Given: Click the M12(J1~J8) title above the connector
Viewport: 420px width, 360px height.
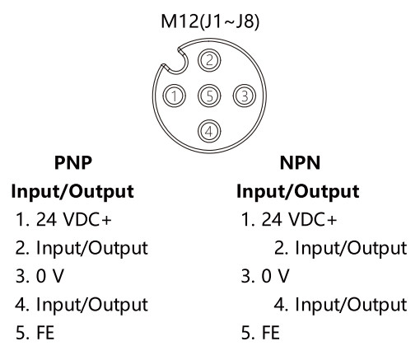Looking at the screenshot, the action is (210, 21).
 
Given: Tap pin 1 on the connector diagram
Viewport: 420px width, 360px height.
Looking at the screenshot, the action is (175, 96).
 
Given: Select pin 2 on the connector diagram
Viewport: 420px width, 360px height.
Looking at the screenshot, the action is (209, 60).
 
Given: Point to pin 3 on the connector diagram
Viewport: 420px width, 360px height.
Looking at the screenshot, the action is (245, 96).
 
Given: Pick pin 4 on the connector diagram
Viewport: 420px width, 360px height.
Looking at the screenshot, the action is (209, 131).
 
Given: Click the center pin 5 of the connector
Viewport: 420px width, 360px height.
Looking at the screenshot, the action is (209, 96).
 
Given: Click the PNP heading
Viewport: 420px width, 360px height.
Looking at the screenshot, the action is (73, 162).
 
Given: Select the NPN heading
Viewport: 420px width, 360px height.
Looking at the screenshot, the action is (300, 162).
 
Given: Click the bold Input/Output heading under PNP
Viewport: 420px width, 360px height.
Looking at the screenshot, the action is (72, 191).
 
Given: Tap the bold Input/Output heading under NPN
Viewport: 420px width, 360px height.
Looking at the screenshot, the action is (298, 191).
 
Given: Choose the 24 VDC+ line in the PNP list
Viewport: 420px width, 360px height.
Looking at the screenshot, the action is (63, 220).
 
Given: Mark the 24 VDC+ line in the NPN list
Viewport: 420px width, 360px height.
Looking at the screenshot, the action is (289, 220).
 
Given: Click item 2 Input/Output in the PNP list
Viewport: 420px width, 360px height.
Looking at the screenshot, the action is (82, 249).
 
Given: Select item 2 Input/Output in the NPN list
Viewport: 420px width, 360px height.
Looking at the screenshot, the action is (341, 249).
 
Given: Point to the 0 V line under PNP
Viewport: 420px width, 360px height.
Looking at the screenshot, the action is (40, 276).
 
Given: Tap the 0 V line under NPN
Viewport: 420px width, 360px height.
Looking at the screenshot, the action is (265, 276).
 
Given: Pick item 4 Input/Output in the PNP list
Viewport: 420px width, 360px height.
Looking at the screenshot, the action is (82, 305).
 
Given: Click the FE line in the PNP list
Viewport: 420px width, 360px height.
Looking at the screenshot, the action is (35, 333).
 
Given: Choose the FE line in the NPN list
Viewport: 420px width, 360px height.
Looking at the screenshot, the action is (260, 333).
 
